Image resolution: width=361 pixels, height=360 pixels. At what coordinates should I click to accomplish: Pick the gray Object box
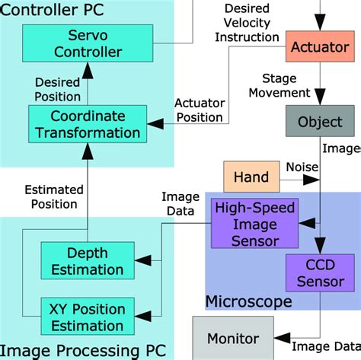pos(320,122)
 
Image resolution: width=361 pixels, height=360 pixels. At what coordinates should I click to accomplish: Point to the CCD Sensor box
pos(320,274)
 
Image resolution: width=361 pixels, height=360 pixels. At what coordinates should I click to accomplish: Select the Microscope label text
pos(248,302)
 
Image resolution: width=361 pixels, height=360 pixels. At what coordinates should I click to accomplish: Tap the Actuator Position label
pos(200,110)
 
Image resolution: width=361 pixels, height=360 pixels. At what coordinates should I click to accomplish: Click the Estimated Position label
pos(51,196)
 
